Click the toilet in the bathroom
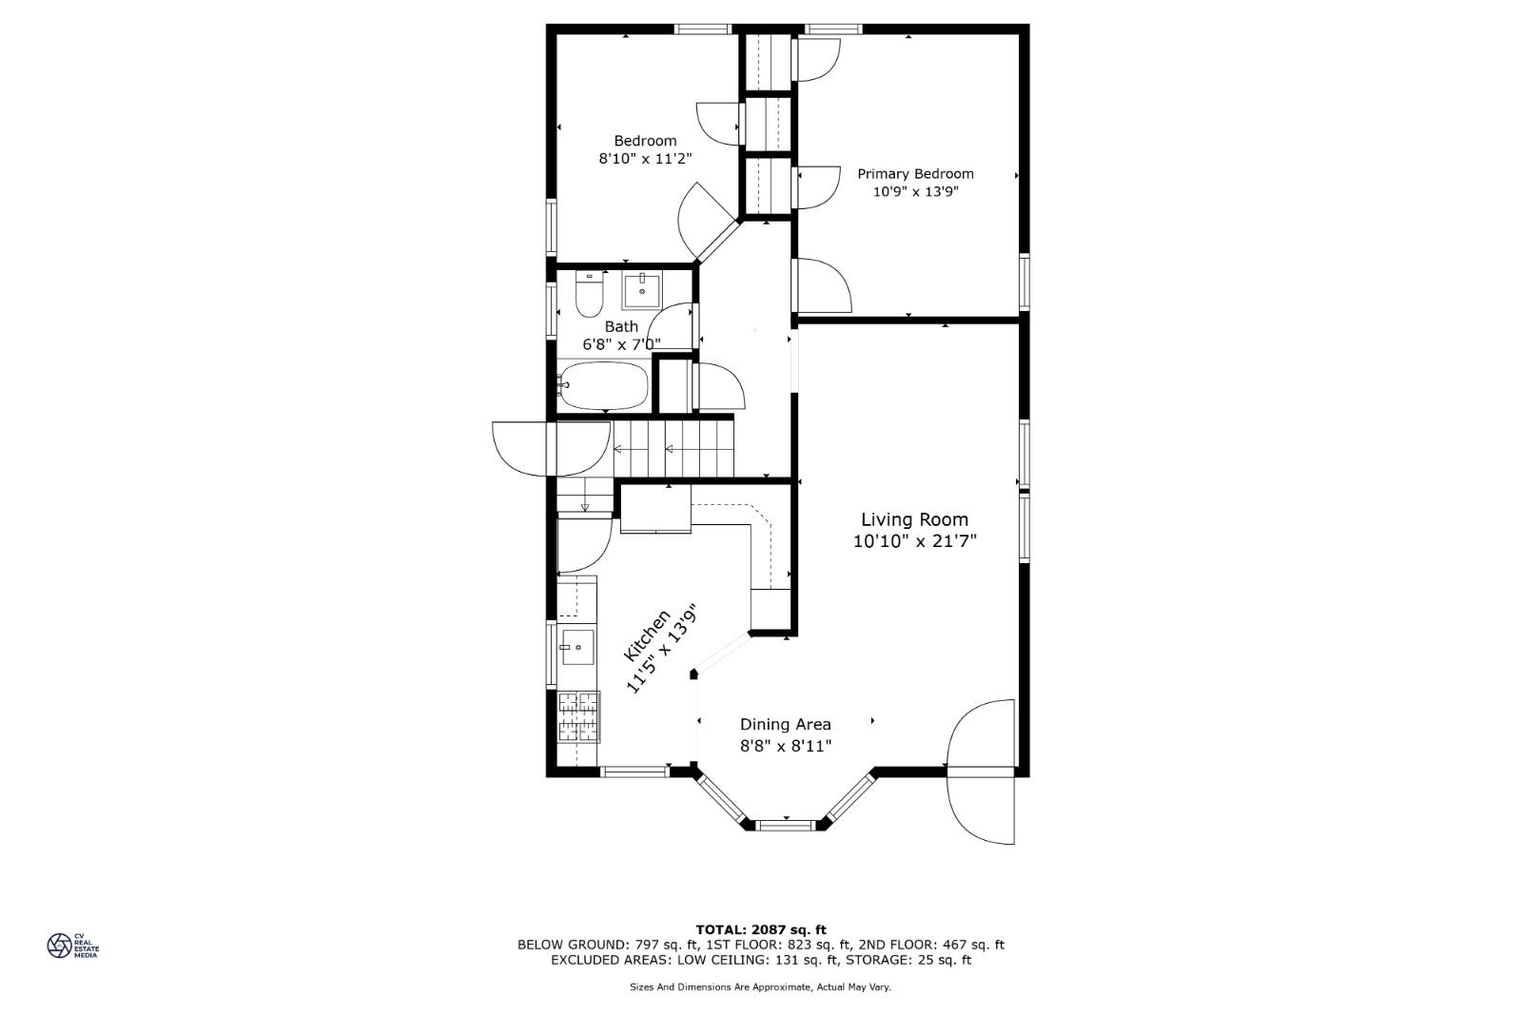590,296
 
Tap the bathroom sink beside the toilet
642,289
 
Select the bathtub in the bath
603,385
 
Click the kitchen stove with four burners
578,716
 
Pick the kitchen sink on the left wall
576,648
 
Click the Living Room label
914,519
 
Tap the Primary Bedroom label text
915,174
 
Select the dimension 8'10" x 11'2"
644,159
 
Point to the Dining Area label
785,725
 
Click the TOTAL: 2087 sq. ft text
760,929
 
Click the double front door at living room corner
981,772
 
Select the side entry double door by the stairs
551,448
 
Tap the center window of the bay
786,825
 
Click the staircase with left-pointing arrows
673,450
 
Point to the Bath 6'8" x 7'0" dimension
621,344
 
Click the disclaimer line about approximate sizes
760,987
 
